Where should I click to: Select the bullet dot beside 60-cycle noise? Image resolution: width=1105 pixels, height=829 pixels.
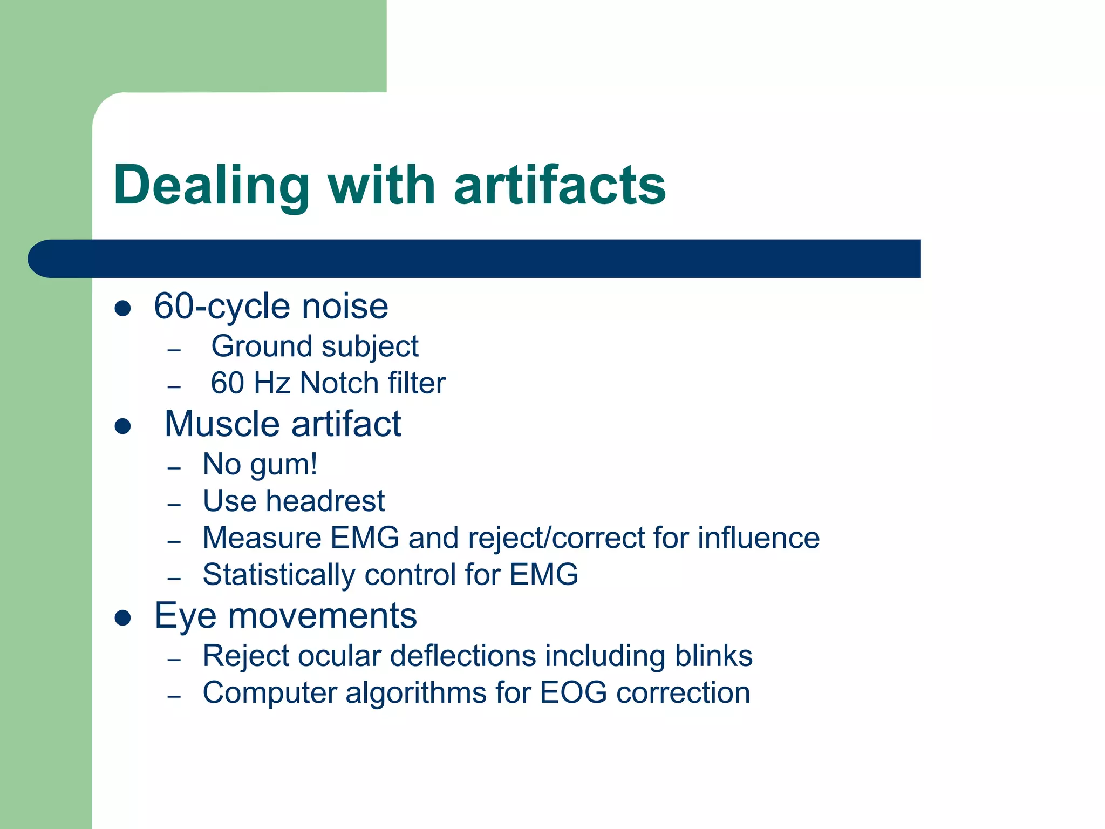(x=123, y=308)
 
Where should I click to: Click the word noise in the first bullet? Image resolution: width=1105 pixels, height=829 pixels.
(x=345, y=307)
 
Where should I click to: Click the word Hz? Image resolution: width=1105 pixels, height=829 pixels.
(x=272, y=383)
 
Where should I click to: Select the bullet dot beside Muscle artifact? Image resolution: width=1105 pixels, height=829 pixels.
(x=123, y=426)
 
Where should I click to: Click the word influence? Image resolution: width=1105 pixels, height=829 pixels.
(x=758, y=538)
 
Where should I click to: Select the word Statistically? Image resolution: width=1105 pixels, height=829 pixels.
(x=278, y=574)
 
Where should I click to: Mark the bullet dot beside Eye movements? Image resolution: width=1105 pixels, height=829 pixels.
(x=123, y=617)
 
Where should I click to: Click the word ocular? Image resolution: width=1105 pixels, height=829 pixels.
(x=339, y=656)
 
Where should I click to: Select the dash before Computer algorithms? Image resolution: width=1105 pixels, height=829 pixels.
(x=174, y=696)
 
